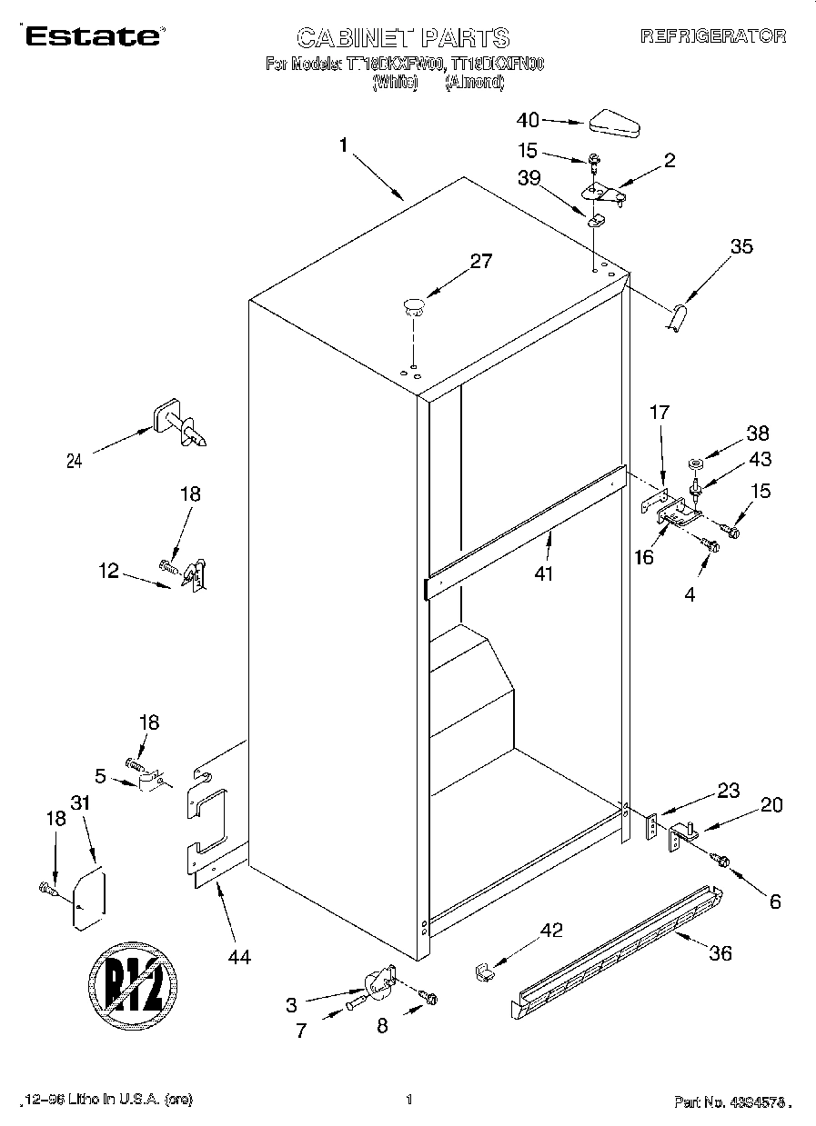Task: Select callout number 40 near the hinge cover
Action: tap(528, 120)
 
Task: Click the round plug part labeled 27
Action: tap(414, 305)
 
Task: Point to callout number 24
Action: tap(75, 461)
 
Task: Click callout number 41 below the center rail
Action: tap(544, 573)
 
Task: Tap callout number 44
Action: tap(239, 956)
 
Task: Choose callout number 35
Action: tap(741, 245)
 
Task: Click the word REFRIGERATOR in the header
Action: tap(713, 36)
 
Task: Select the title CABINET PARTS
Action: tap(403, 37)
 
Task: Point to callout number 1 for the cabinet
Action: tap(344, 144)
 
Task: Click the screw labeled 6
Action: tap(721, 857)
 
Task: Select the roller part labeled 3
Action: tap(378, 982)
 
